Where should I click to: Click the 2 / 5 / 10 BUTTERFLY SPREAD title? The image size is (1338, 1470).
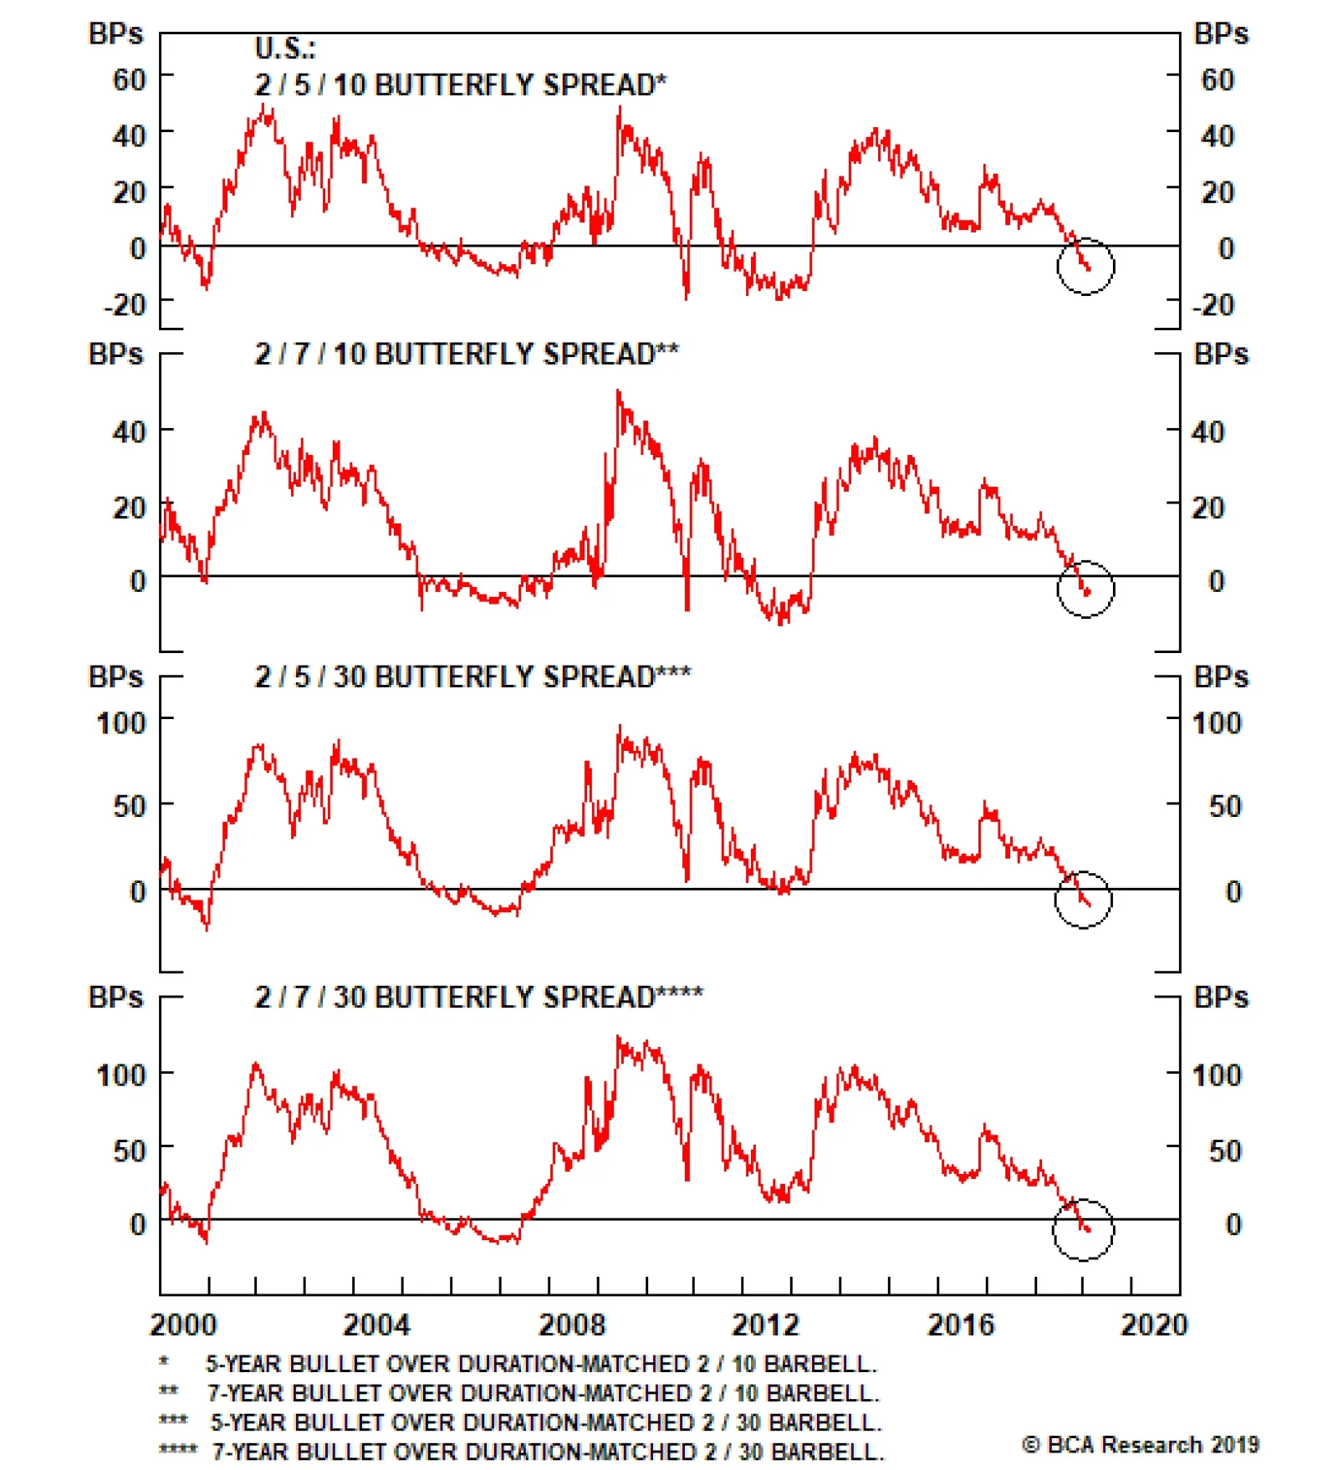[x=460, y=84]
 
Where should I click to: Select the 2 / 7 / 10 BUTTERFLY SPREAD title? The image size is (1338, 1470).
[x=466, y=354]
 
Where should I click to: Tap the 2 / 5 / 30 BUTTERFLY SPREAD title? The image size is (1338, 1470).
[x=472, y=676]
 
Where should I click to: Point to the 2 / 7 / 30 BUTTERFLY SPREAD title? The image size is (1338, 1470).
[x=478, y=997]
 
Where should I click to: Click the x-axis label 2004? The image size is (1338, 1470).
[x=376, y=1324]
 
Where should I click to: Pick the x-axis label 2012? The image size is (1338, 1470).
[x=765, y=1324]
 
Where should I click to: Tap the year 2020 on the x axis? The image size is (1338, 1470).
[x=1154, y=1324]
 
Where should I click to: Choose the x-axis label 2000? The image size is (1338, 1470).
[x=182, y=1324]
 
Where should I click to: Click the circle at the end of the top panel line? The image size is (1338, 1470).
[x=1085, y=267]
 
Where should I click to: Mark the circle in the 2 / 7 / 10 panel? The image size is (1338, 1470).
[x=1085, y=589]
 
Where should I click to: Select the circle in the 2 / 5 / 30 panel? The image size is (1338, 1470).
[x=1083, y=899]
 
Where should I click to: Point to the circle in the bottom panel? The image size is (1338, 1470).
[x=1083, y=1229]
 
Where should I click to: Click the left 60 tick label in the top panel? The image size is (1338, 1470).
[x=129, y=80]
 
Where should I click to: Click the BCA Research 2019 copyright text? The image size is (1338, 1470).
[x=1140, y=1444]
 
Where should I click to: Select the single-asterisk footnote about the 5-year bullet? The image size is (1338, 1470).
[x=518, y=1364]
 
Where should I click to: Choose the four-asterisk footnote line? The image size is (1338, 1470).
[x=522, y=1451]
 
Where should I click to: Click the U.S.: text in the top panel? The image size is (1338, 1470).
[x=285, y=48]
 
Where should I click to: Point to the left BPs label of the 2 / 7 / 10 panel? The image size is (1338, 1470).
[x=115, y=354]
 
